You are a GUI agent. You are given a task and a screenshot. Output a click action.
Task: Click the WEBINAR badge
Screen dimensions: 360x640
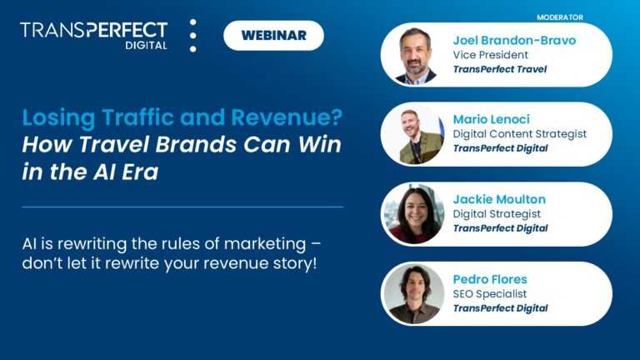273,35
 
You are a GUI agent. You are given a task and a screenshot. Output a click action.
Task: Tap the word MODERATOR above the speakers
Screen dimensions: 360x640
559,17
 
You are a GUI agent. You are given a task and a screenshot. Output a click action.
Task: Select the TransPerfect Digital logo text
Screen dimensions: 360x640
93,36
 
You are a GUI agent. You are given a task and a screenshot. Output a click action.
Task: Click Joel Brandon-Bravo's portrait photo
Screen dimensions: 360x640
415,55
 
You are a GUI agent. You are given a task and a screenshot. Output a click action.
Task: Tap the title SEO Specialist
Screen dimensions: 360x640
490,293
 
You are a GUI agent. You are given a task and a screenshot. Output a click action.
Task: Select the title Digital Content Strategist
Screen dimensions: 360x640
520,133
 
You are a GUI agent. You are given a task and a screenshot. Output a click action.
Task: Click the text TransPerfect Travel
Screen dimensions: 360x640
500,69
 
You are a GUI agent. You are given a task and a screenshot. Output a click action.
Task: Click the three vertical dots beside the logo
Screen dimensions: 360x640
193,36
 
